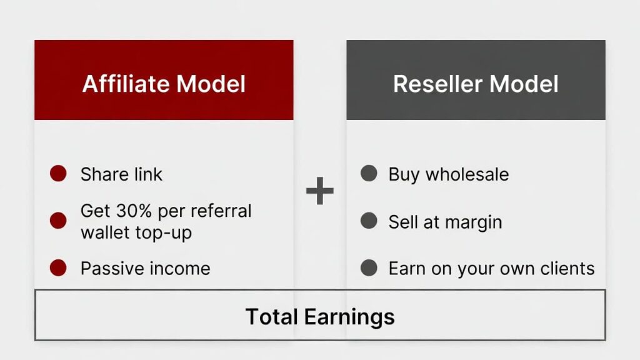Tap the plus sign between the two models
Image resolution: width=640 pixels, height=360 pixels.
(x=320, y=191)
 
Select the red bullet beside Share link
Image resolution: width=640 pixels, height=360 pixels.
(x=58, y=174)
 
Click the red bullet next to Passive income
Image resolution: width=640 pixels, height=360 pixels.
(x=58, y=268)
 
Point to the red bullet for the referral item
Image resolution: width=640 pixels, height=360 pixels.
(x=58, y=221)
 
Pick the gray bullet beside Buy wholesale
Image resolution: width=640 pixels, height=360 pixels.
(x=369, y=174)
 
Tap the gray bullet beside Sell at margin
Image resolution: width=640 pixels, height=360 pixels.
(x=369, y=221)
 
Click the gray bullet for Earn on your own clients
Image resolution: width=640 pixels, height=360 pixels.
(x=369, y=268)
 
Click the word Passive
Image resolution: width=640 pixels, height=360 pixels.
(x=107, y=269)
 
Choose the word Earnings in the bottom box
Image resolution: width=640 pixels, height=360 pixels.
(x=349, y=316)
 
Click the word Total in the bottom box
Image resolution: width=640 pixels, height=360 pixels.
(x=272, y=316)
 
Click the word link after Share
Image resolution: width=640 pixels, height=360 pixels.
(x=145, y=174)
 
